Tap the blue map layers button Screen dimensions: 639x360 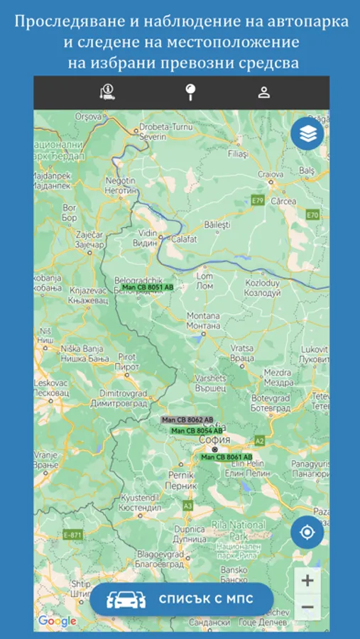coord(307,133)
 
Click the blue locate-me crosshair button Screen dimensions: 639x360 coord(307,532)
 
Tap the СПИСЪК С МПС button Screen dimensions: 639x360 coord(182,599)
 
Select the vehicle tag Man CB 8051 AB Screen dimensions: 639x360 coord(148,287)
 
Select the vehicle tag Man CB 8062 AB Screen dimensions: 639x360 coord(187,420)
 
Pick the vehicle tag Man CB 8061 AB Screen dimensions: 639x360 coord(227,457)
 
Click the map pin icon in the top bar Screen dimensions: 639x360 coord(190,92)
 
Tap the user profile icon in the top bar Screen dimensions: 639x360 coord(264,92)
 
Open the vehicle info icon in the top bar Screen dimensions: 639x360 coord(108,92)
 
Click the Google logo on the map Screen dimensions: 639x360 coord(57,621)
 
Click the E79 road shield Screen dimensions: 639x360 coord(258,201)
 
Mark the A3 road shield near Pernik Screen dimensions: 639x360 coord(187,506)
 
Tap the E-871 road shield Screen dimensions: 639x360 coord(72,534)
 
